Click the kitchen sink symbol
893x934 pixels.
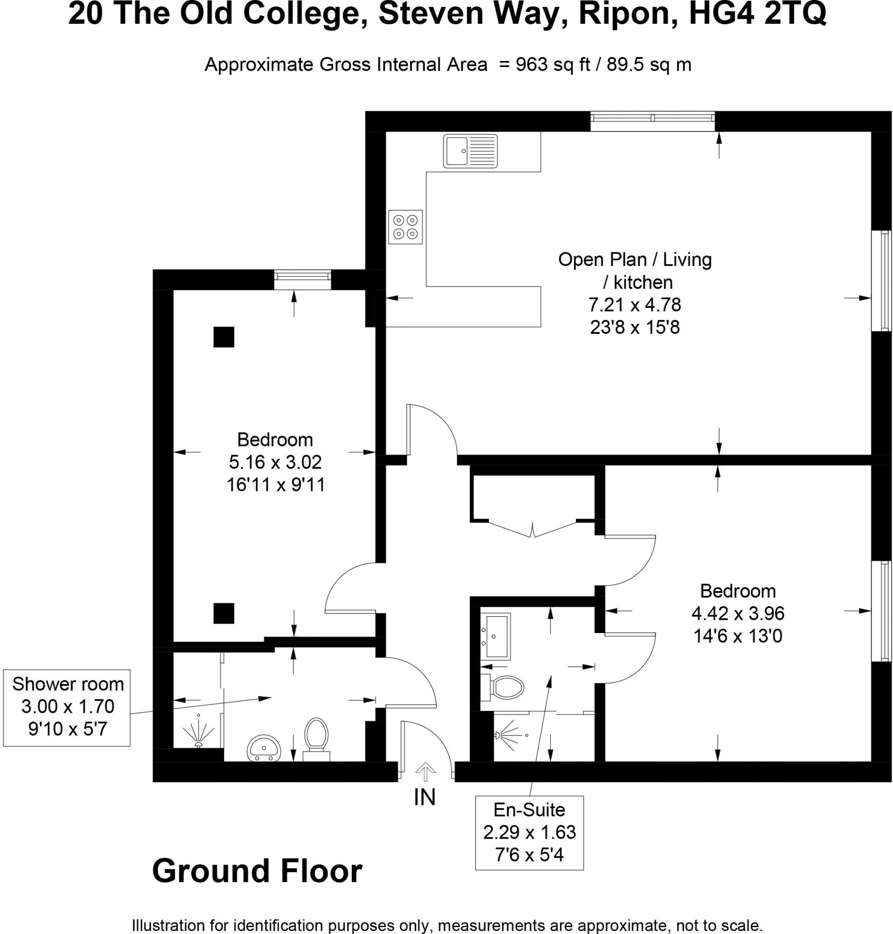click(x=470, y=151)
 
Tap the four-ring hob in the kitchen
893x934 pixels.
click(x=405, y=227)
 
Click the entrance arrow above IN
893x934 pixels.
click(x=425, y=772)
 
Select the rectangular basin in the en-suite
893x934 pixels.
click(x=496, y=636)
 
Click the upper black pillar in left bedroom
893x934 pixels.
click(x=224, y=337)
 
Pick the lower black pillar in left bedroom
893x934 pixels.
click(x=224, y=613)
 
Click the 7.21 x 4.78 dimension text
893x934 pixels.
click(x=635, y=305)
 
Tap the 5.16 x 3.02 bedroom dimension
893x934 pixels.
click(x=275, y=462)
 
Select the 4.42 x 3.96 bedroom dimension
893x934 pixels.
click(x=738, y=613)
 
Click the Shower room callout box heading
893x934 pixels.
click(x=68, y=684)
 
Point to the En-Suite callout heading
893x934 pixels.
click(x=529, y=809)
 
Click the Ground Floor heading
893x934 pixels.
click(x=257, y=871)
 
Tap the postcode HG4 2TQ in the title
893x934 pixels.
click(x=757, y=14)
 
